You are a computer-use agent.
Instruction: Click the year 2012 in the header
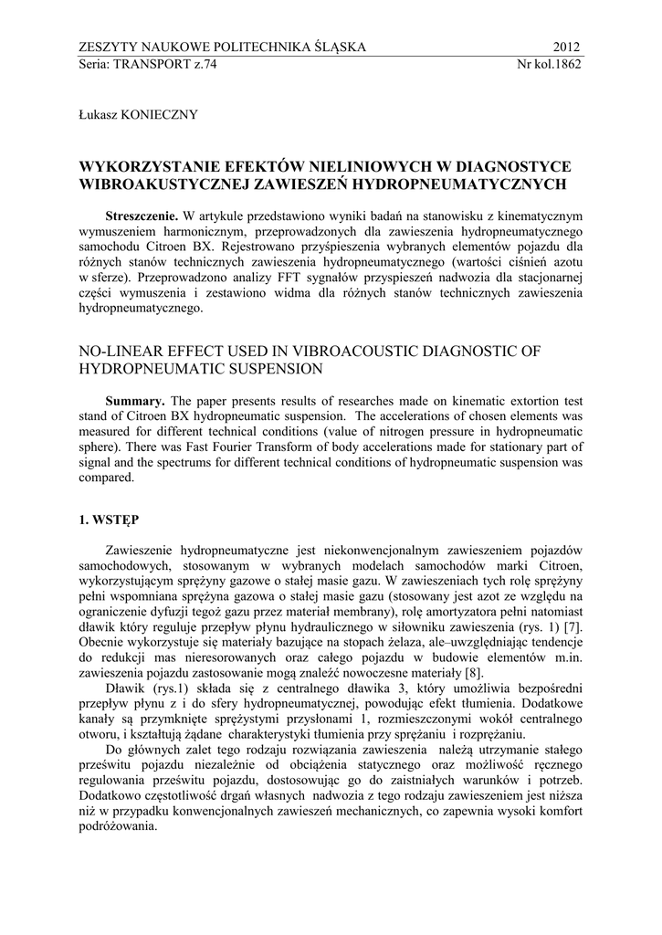point(566,47)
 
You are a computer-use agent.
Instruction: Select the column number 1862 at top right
point(566,64)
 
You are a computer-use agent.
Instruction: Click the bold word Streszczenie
point(142,216)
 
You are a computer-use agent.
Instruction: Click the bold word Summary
point(136,402)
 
